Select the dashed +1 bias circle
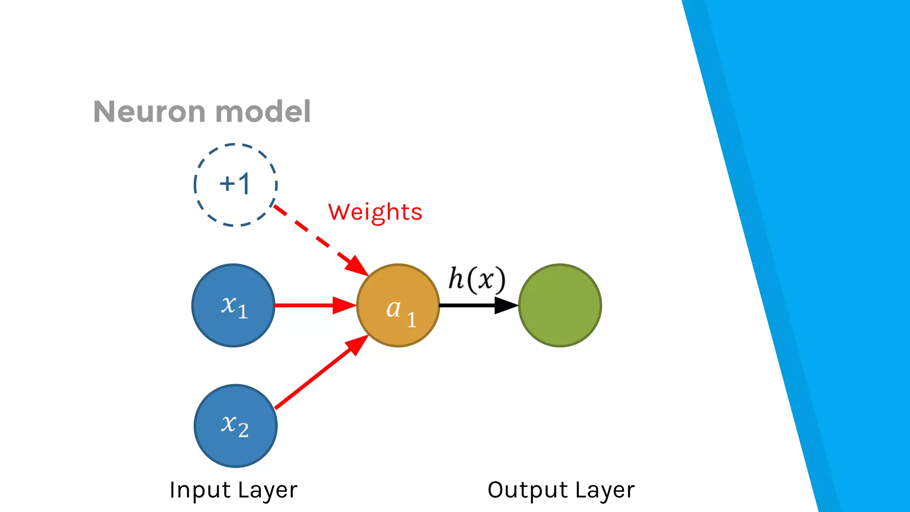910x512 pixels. coord(235,185)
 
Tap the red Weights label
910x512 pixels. coord(375,212)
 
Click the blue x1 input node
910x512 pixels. coord(233,305)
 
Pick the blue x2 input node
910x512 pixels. coord(235,426)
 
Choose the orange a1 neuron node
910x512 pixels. coord(398,305)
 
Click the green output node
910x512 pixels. coord(560,305)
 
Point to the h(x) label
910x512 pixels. coord(477,280)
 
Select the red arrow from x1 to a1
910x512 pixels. coord(311,305)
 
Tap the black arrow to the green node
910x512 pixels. coord(471,305)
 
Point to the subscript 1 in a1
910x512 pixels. coord(412,320)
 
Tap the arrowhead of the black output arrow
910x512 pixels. coord(507,305)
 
